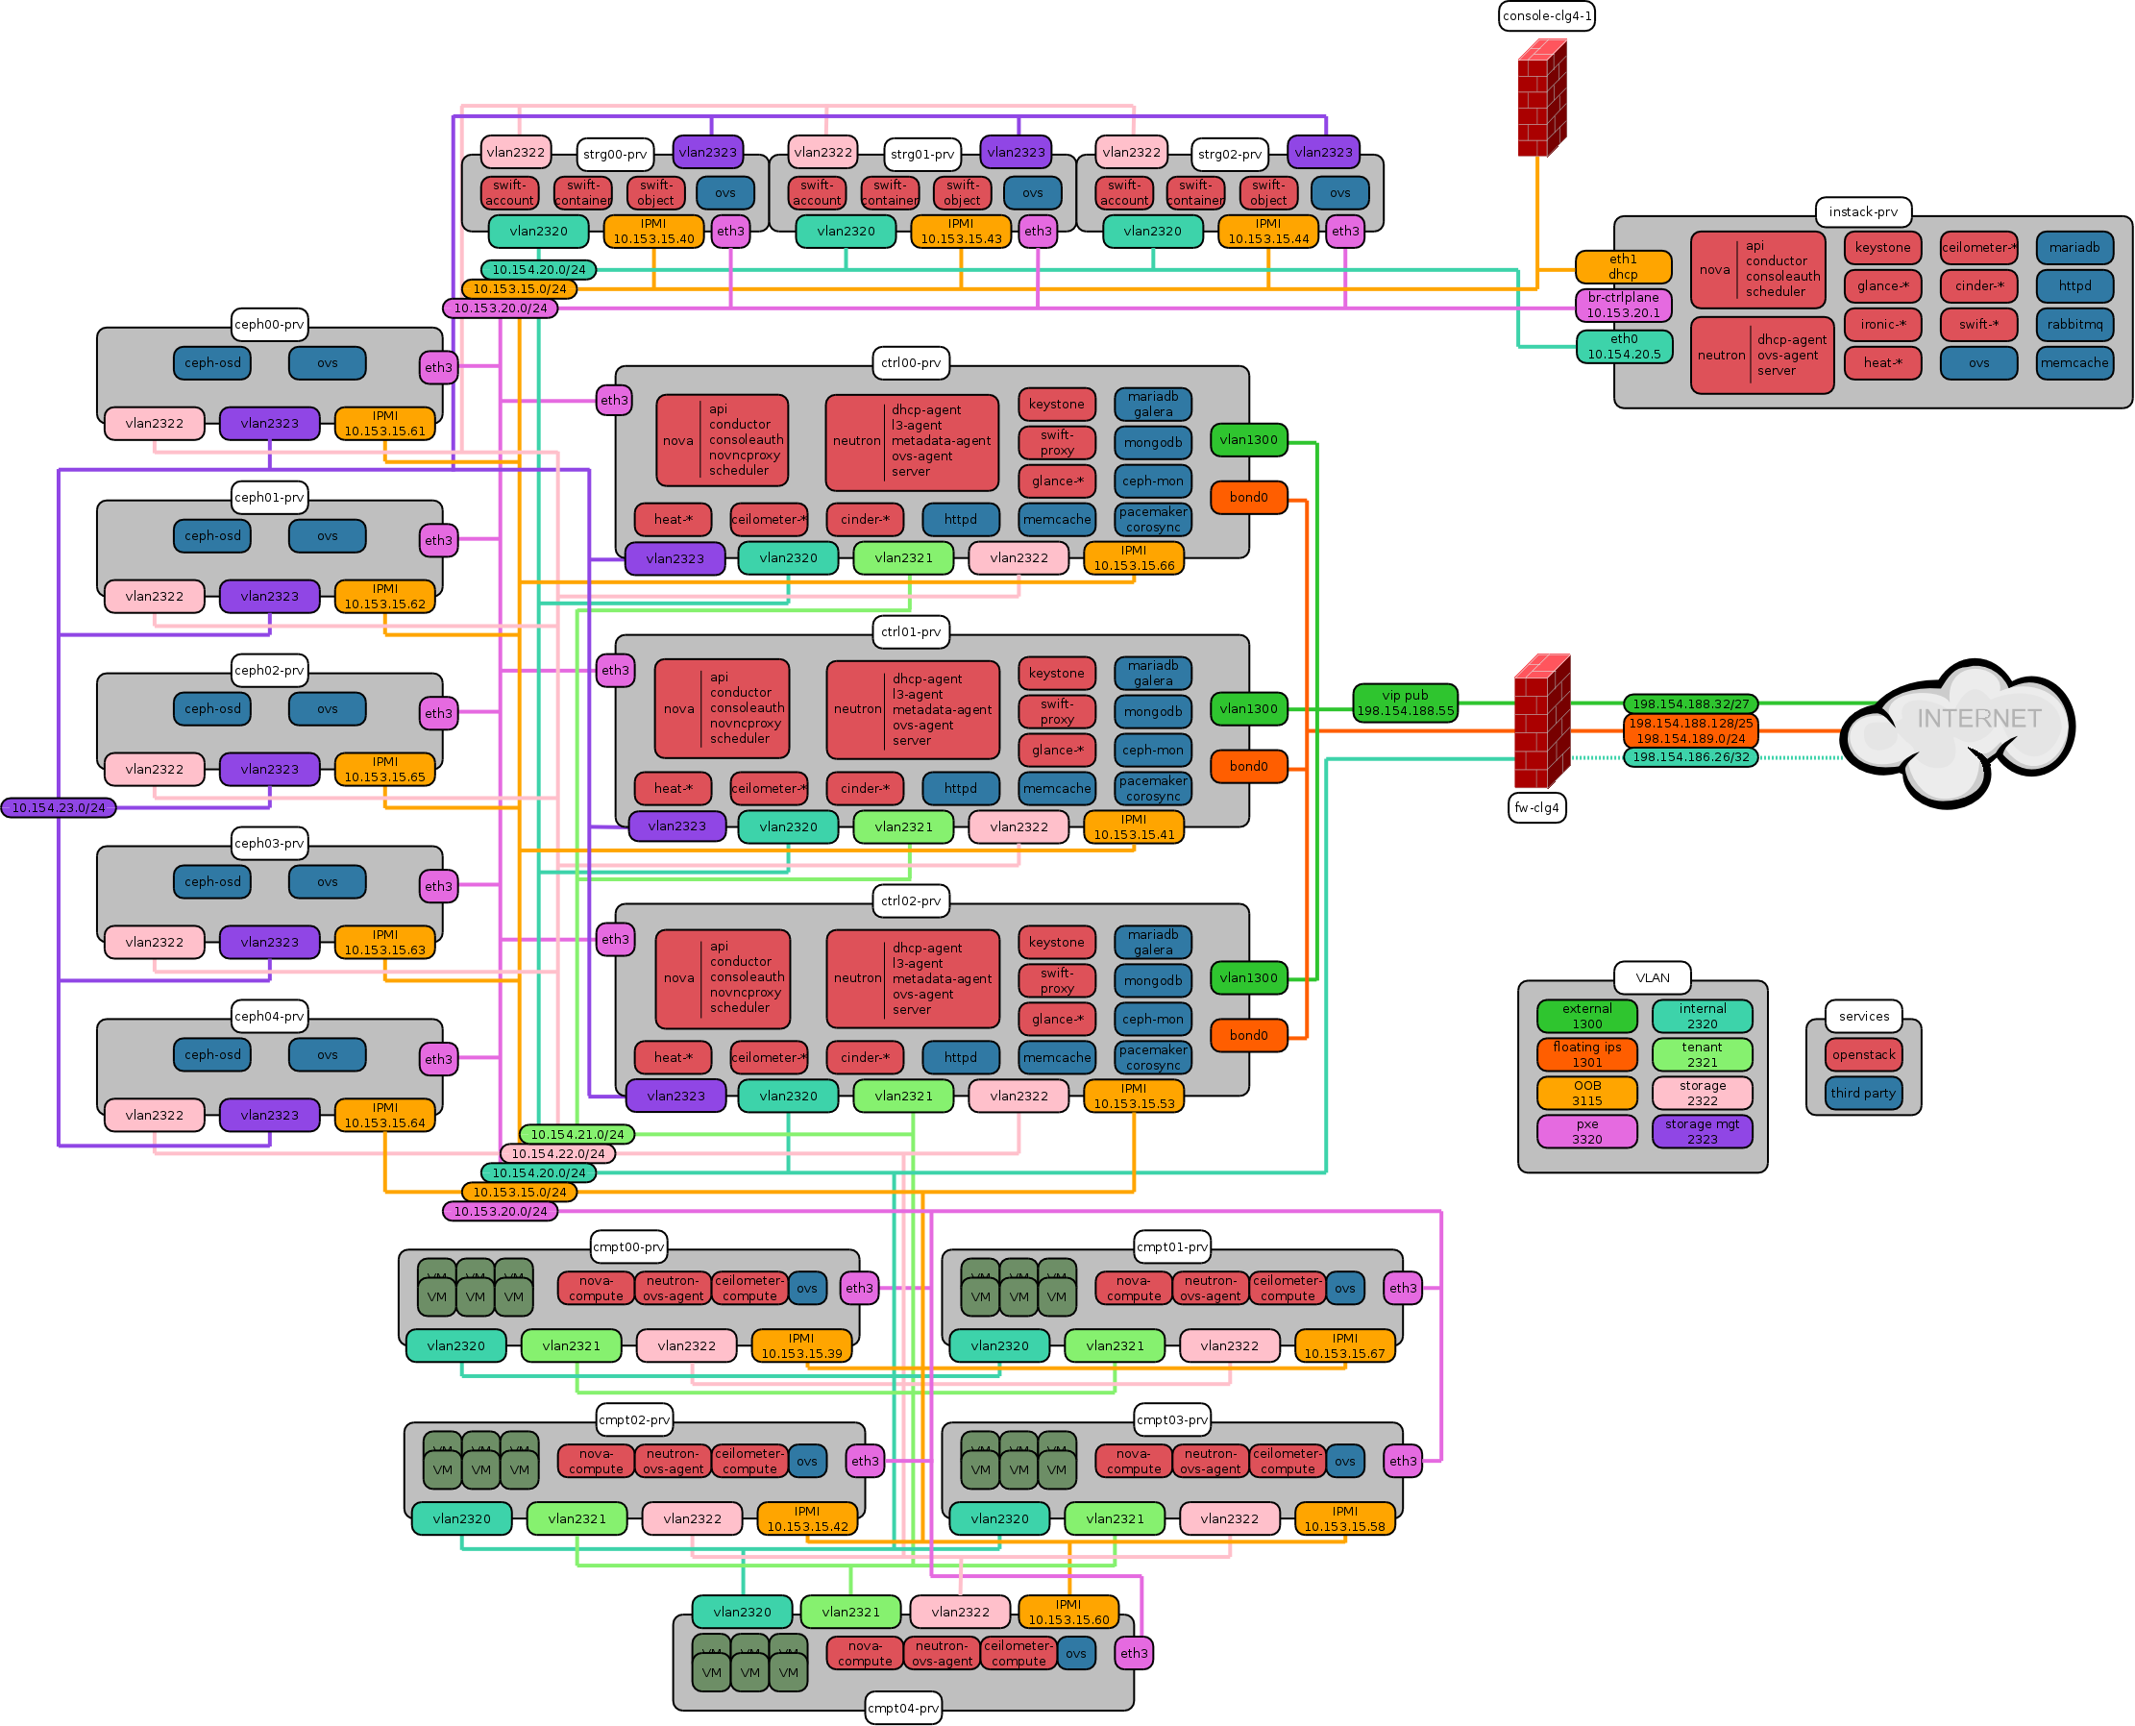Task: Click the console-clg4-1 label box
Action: (x=1547, y=16)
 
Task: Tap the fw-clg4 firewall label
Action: (x=1536, y=807)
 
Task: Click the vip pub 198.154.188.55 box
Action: (x=1405, y=703)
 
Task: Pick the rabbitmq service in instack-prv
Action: (x=2074, y=324)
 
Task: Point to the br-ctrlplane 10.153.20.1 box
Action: (x=1623, y=306)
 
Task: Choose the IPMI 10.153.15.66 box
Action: (x=1133, y=557)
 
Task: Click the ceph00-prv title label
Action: (x=269, y=324)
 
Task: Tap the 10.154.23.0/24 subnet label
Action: (x=59, y=807)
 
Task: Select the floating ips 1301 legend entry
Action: (x=1586, y=1055)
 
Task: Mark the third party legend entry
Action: (x=1864, y=1093)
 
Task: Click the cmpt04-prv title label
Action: (x=902, y=1708)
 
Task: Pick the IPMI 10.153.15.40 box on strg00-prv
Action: (x=653, y=232)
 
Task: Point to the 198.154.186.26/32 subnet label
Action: (x=1690, y=757)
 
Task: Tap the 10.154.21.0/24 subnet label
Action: (x=577, y=1134)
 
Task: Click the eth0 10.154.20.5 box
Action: (x=1623, y=347)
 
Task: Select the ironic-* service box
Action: (x=1882, y=324)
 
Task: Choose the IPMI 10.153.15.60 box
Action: (x=1068, y=1612)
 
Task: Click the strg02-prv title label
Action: (x=1230, y=154)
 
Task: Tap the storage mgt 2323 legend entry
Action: (x=1702, y=1131)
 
